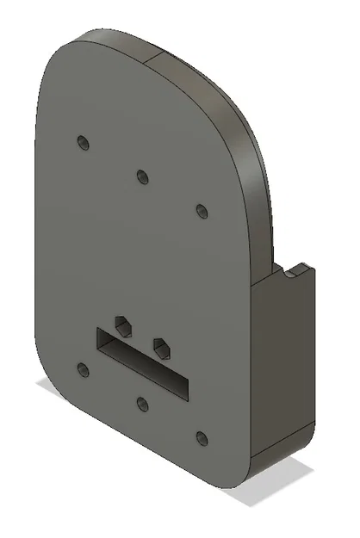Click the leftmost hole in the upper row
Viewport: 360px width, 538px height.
tap(83, 141)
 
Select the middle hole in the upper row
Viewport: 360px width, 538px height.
tap(142, 176)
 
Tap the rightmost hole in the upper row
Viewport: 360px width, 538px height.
tap(202, 211)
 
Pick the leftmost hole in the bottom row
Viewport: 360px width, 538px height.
tap(83, 370)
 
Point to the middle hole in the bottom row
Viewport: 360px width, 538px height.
tap(142, 404)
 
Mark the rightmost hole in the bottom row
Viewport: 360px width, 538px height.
tap(202, 439)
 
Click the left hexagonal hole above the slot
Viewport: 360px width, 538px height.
tap(124, 325)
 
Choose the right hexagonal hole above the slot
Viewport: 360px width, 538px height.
tap(160, 346)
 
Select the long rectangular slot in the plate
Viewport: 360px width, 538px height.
tap(142, 362)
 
